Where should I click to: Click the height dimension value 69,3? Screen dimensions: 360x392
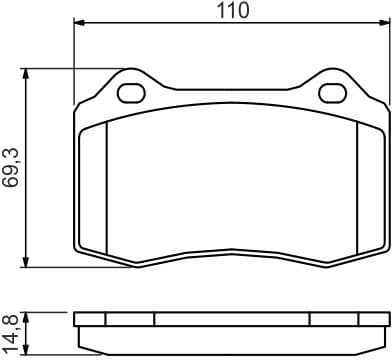[x=12, y=165]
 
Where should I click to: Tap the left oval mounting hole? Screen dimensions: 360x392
[x=132, y=95]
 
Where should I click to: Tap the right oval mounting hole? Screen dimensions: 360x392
[x=331, y=95]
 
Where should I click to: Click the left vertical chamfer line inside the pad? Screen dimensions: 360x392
[x=106, y=185]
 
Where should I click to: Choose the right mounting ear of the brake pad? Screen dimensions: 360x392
[x=331, y=88]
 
